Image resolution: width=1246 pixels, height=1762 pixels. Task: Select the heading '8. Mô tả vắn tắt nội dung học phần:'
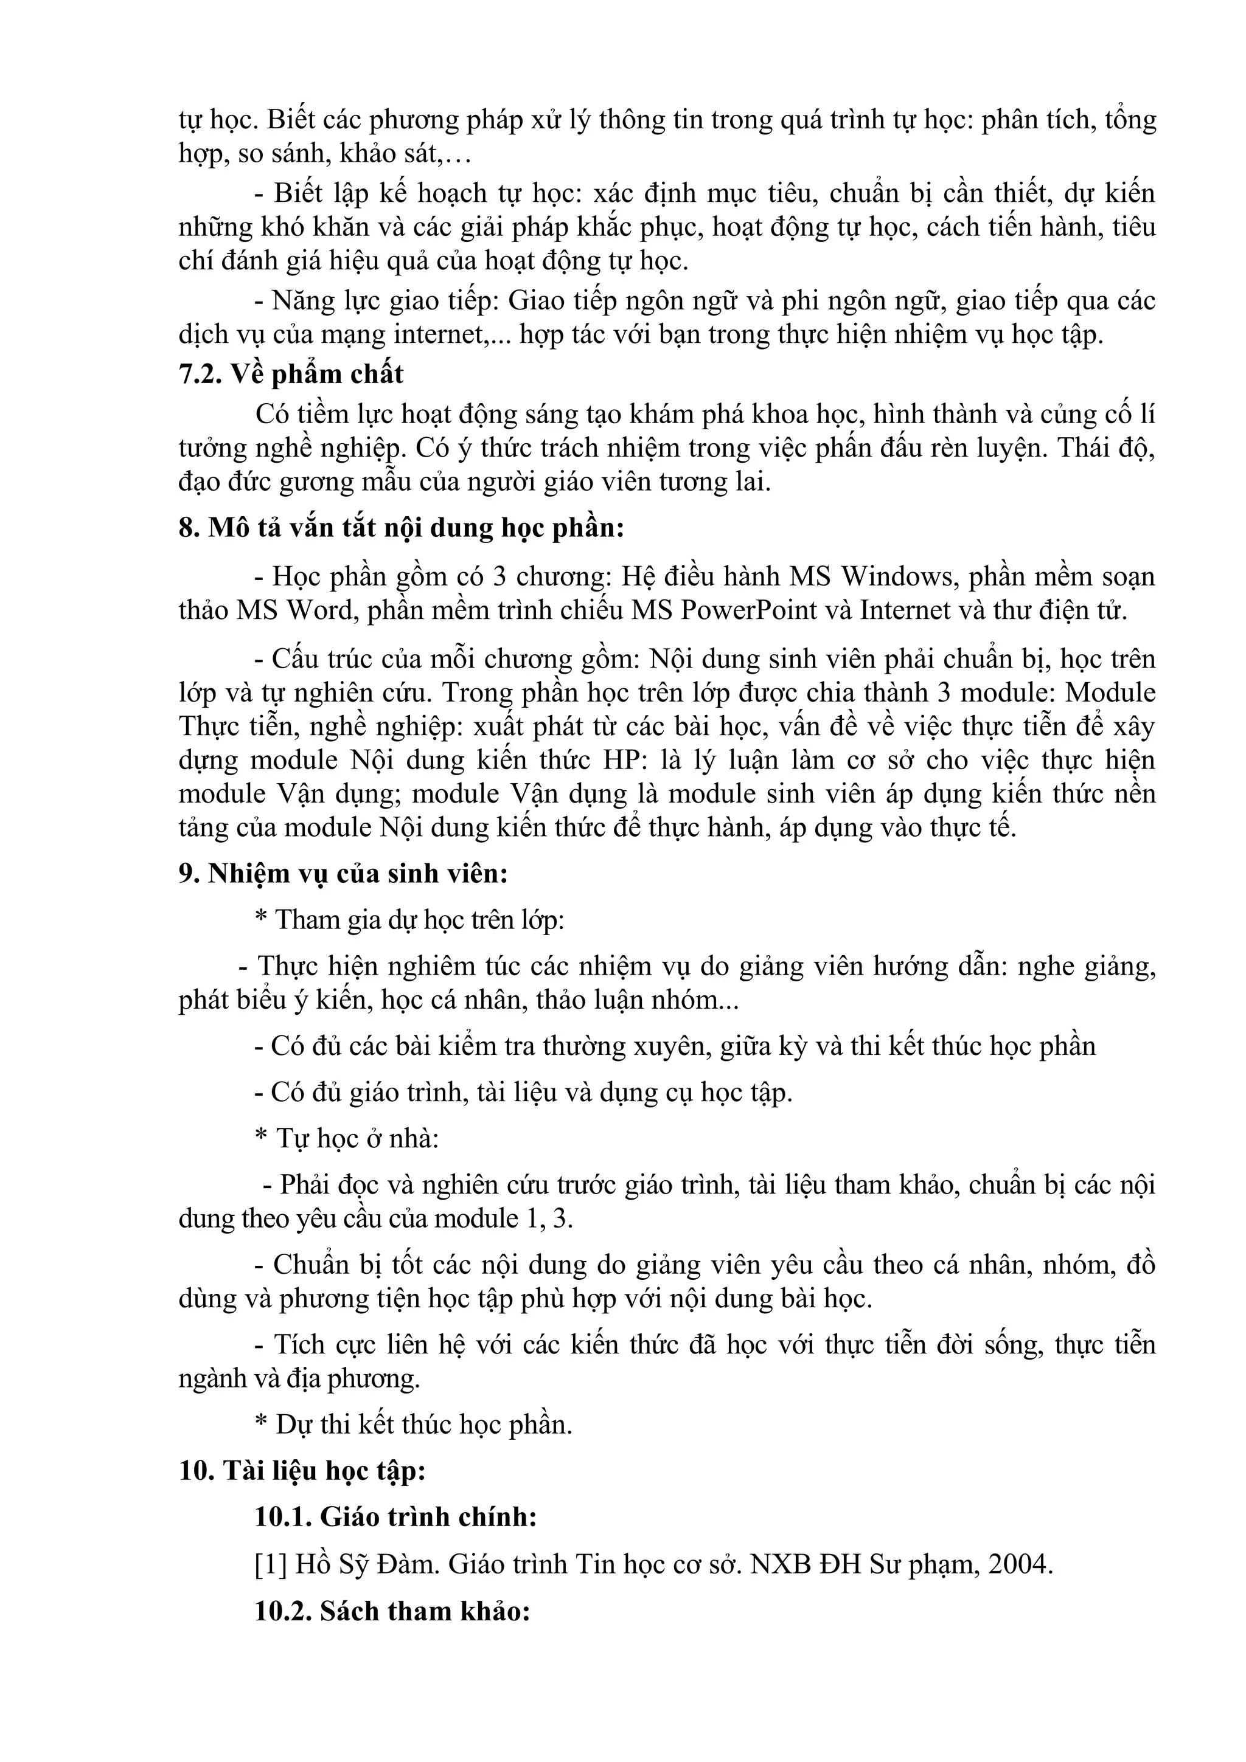tap(402, 529)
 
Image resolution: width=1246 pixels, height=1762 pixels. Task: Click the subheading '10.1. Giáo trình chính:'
tap(395, 1517)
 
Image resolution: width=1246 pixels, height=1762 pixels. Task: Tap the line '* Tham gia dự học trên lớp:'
tap(409, 919)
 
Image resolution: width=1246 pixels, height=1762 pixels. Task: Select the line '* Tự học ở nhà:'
tap(346, 1138)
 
